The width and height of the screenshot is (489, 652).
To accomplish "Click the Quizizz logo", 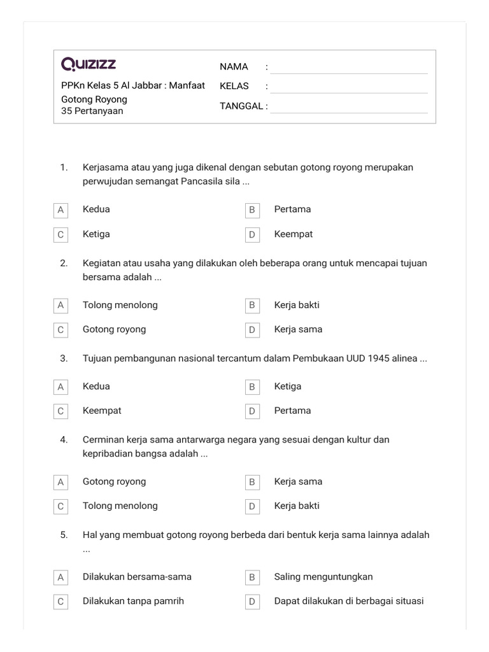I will pos(89,64).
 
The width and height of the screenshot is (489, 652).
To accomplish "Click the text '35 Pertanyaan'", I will pos(92,111).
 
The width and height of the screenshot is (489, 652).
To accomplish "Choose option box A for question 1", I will pos(60,209).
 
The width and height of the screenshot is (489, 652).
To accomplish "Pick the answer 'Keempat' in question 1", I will pos(293,234).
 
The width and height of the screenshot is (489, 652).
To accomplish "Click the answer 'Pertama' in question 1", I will pos(292,209).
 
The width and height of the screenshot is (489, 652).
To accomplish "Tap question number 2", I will pos(64,263).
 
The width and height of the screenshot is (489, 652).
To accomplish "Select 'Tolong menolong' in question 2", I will pos(120,305).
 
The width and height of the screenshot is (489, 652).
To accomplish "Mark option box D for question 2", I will pos(252,330).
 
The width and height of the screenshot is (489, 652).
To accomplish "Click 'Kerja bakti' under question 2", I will pos(297,305).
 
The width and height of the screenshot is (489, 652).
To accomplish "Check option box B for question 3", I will pos(252,386).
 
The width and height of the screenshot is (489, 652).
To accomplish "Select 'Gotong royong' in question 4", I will pos(114,481).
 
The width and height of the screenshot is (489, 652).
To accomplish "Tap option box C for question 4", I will pos(60,506).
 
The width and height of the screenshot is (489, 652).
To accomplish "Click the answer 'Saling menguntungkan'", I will pos(323,577).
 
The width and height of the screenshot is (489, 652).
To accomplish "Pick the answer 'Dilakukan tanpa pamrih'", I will pos(133,601).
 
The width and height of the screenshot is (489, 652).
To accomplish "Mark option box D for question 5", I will pos(252,602).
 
